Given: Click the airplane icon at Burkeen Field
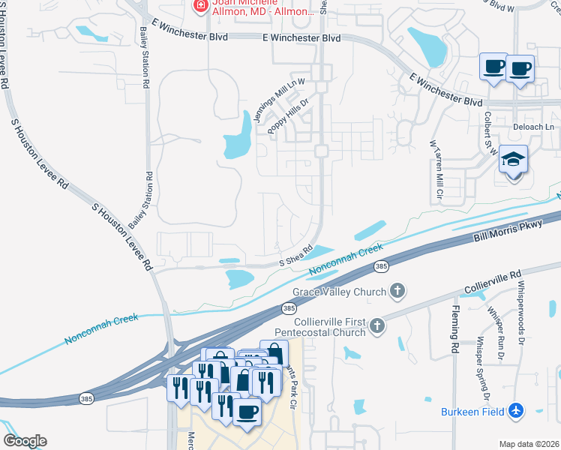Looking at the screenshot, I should coord(515,410).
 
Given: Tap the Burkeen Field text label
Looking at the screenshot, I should coord(473,411).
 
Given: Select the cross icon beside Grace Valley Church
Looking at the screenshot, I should coord(397,291).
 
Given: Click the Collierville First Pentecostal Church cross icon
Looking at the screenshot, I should coord(376,325).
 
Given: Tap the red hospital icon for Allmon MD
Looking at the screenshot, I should coord(200,7).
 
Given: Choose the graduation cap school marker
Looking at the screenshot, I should coord(514,160).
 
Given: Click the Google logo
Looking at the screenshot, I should coord(25,441).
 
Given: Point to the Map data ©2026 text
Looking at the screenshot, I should coord(529,444).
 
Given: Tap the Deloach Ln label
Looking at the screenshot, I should coord(533,127).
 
